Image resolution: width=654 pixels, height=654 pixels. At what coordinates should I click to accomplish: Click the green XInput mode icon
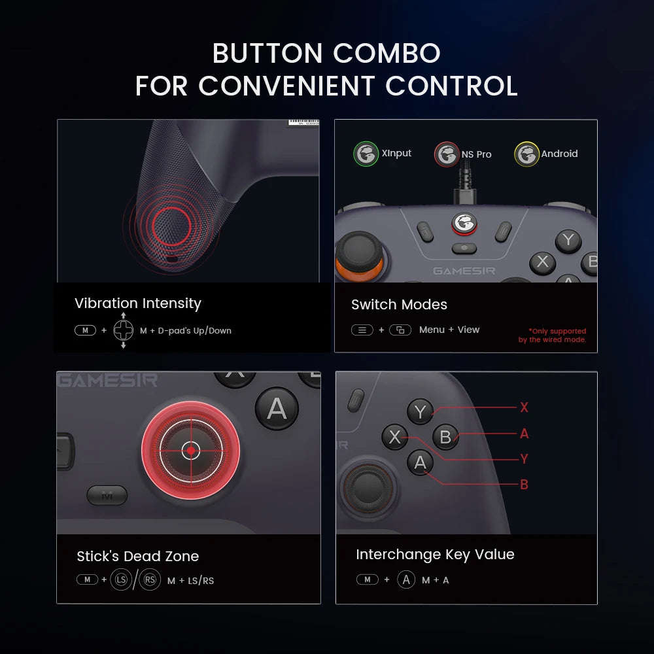pos(366,154)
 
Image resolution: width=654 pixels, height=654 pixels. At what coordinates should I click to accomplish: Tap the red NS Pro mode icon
pos(447,155)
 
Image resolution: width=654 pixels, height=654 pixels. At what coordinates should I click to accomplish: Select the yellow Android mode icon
pos(526,154)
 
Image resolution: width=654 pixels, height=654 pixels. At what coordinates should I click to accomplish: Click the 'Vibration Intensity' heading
pos(137,303)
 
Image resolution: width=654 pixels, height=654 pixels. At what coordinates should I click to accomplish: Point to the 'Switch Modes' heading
pos(399,305)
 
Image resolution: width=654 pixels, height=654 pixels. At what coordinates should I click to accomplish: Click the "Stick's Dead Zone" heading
pos(137,557)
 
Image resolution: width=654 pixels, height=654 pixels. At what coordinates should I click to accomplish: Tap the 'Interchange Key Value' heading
pos(435,555)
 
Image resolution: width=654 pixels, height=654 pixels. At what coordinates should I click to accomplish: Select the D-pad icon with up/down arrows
pos(123,330)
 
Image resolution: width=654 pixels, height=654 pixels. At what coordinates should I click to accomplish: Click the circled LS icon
pos(120,579)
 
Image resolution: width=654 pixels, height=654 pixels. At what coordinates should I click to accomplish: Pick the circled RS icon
pos(150,579)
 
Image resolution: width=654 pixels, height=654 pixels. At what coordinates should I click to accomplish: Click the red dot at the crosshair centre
pos(190,450)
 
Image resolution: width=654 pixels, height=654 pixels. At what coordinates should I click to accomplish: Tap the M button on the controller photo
pos(107,496)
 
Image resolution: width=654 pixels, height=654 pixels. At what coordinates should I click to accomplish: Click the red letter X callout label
pos(524,407)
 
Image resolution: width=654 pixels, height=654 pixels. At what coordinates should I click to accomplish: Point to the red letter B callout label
pos(524,485)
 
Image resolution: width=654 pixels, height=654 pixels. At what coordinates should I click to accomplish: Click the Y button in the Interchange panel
pos(420,412)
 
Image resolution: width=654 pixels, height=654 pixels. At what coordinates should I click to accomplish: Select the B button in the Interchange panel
pos(445,437)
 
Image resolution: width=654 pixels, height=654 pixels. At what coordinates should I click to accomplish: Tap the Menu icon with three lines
pos(362,330)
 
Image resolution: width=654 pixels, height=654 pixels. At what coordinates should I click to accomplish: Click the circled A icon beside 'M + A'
pos(406,579)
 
